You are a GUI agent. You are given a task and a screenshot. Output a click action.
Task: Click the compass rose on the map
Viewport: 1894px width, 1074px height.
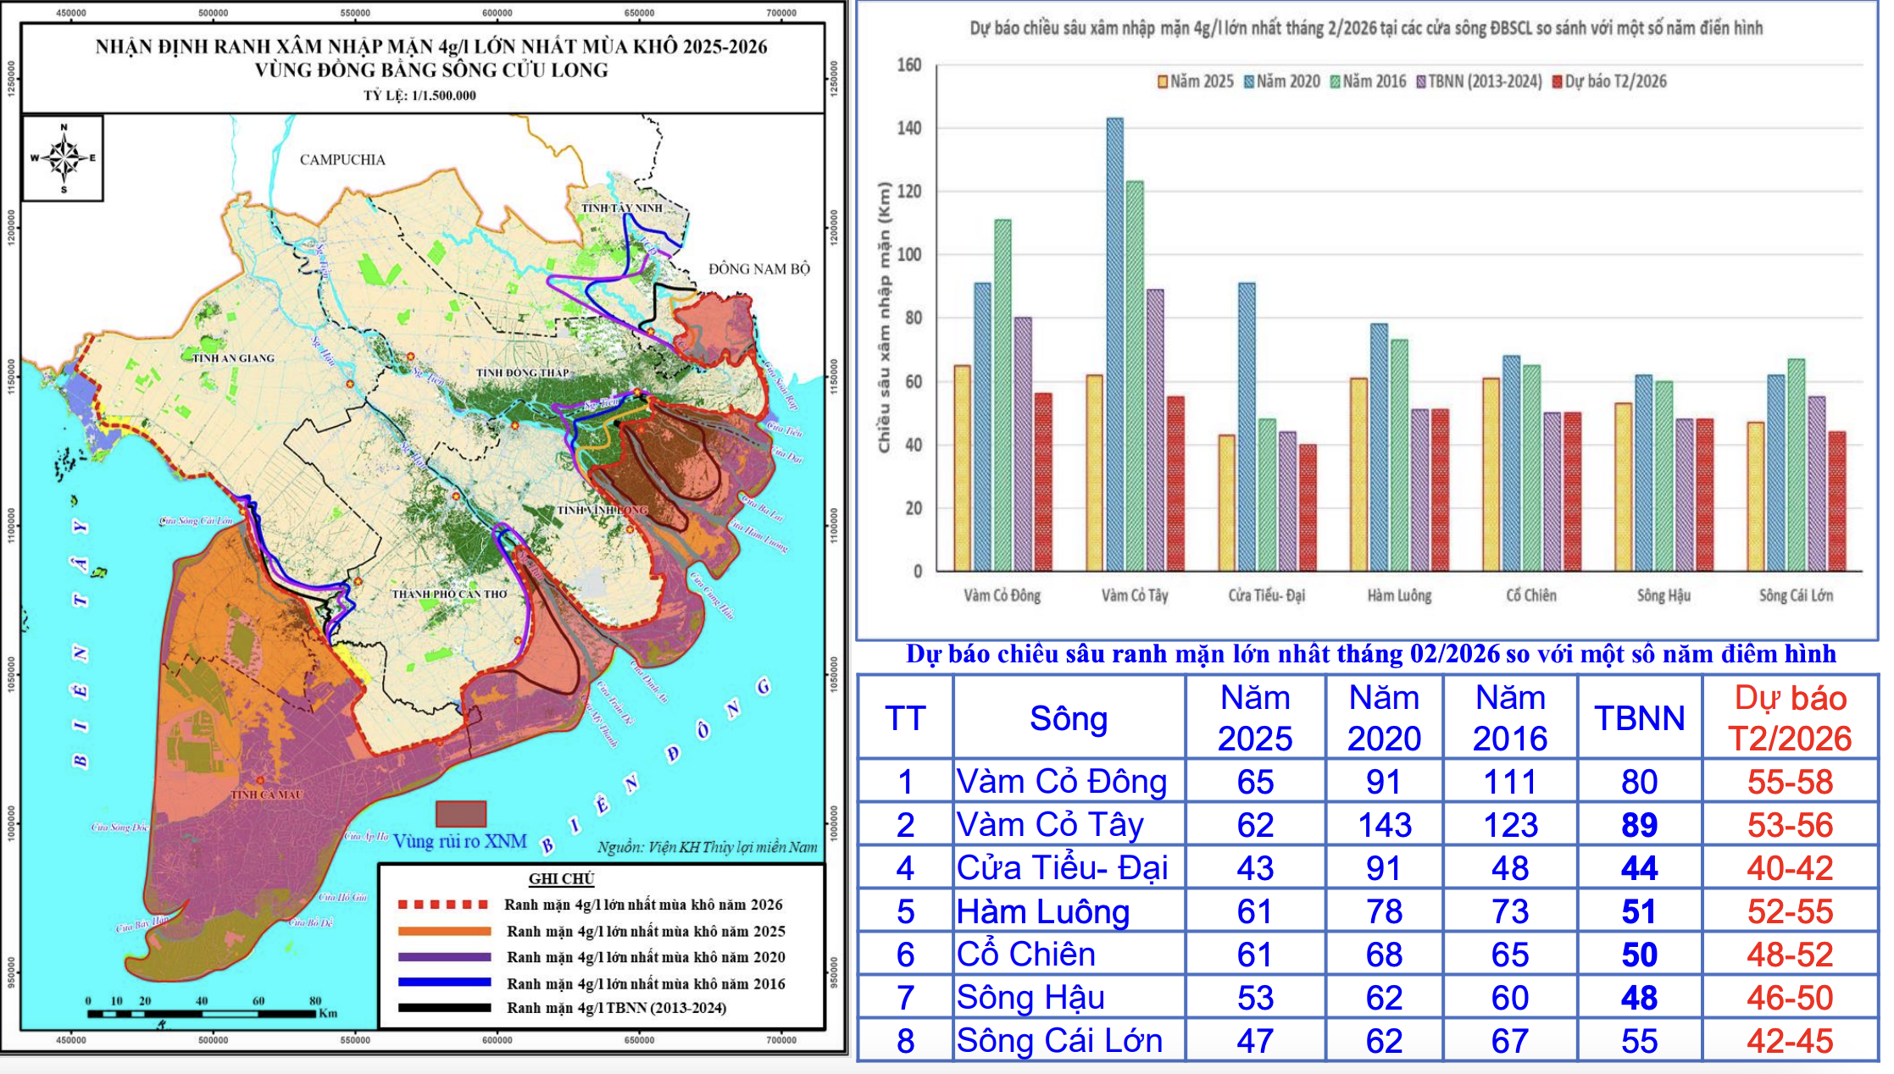pos(63,158)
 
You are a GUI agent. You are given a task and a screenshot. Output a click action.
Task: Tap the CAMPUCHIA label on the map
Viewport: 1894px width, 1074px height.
pos(342,159)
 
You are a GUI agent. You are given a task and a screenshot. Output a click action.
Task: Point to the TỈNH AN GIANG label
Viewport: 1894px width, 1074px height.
pos(233,358)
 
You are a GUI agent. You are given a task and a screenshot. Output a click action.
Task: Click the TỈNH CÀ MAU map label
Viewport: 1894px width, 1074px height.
pos(266,794)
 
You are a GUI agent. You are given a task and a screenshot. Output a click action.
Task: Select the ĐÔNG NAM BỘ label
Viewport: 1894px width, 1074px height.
pos(759,269)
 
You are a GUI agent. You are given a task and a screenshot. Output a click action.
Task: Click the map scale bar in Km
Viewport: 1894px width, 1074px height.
pos(202,1013)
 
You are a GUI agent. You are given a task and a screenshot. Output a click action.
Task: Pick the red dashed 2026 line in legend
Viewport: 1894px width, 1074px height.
pos(443,905)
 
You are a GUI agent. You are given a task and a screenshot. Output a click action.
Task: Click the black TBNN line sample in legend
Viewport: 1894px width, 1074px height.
pos(443,1008)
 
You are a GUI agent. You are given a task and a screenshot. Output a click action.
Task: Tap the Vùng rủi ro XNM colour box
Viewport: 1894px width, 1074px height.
pos(461,814)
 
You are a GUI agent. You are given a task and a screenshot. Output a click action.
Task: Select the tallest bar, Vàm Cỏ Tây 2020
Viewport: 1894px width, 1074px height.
pos(1114,339)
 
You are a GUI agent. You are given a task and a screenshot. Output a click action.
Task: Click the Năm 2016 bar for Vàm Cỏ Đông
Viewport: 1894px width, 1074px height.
pos(1003,394)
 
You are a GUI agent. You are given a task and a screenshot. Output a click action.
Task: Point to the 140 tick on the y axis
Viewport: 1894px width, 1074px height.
pos(908,128)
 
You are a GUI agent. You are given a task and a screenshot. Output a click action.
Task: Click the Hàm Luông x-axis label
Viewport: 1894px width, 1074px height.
pos(1399,595)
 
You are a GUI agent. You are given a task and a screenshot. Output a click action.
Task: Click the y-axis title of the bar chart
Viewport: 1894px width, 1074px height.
pos(884,318)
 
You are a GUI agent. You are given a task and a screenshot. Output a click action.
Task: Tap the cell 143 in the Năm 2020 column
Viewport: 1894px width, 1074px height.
pos(1384,825)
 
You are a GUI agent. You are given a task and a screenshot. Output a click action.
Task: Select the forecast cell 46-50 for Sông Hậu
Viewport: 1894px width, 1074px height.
pos(1790,998)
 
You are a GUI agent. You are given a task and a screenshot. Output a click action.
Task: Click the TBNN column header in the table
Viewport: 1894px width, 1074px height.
pos(1639,718)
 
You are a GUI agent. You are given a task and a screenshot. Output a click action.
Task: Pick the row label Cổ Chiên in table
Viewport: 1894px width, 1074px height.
pos(1026,955)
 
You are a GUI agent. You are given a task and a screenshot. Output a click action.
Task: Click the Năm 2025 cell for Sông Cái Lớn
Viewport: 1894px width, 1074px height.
pos(1255,1041)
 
